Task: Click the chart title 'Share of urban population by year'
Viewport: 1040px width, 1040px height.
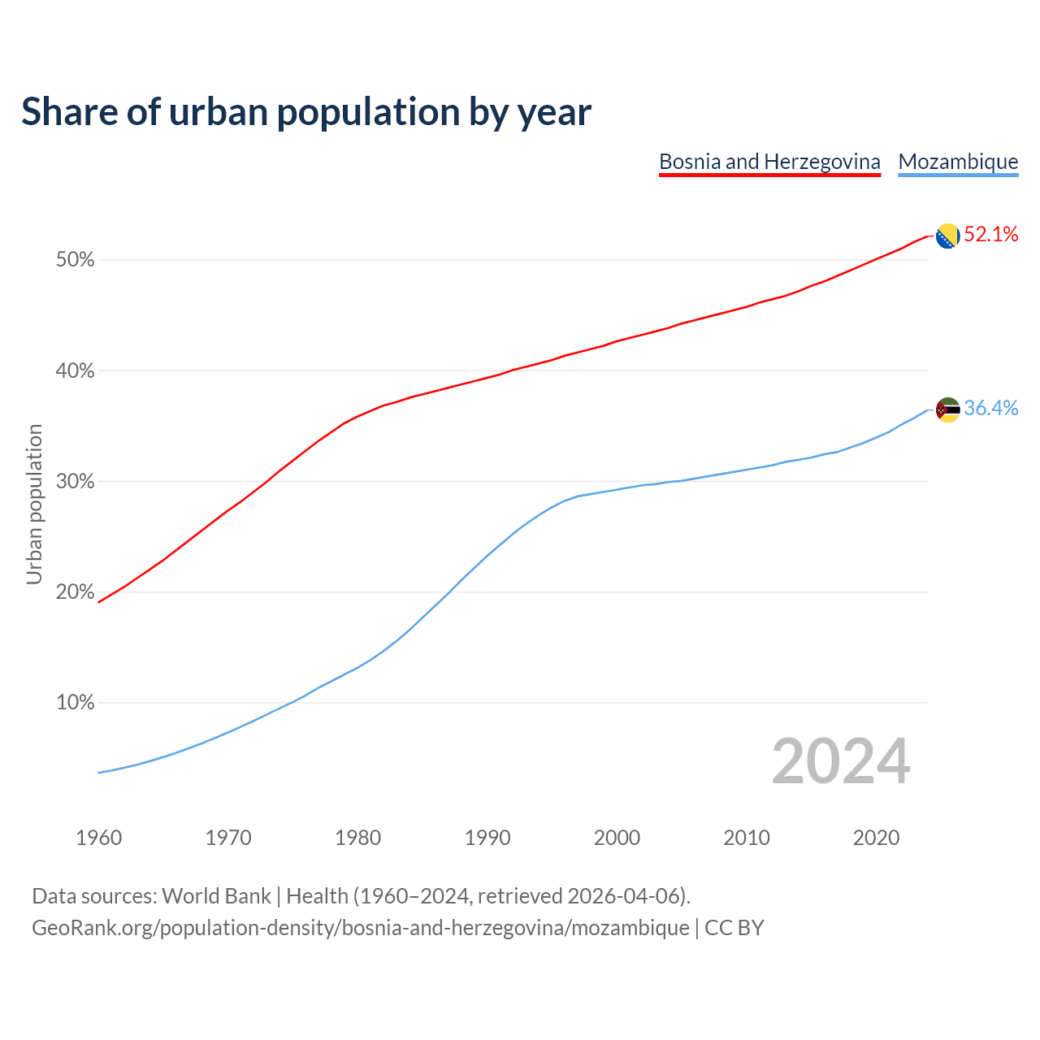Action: coord(306,112)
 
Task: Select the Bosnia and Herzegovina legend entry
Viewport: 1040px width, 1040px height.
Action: coord(769,162)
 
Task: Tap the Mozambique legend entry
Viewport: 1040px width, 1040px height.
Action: coord(958,162)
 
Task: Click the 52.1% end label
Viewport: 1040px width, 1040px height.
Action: coord(990,235)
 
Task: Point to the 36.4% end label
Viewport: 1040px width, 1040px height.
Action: coord(990,408)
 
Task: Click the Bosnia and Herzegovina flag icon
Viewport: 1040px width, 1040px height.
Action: coord(947,236)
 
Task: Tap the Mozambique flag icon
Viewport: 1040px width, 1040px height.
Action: coord(947,409)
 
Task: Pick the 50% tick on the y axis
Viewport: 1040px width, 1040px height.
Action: coord(75,260)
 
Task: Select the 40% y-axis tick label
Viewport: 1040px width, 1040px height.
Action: coord(75,371)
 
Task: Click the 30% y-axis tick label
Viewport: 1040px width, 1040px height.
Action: coord(75,482)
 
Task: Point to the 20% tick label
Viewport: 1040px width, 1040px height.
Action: coord(75,592)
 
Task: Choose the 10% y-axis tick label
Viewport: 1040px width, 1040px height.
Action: coord(75,703)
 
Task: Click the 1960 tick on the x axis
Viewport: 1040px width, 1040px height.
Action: coord(99,838)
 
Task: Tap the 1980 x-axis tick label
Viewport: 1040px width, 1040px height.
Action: coord(358,838)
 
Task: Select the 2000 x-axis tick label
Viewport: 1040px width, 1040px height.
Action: coord(617,838)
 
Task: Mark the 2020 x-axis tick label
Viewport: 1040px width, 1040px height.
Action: coord(876,838)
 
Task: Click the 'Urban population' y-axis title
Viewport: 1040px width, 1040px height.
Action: coord(34,505)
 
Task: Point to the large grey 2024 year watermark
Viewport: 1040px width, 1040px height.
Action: coord(841,761)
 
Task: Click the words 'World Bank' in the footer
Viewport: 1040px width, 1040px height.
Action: coord(216,896)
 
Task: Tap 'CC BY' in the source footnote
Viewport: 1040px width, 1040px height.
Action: coord(734,928)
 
